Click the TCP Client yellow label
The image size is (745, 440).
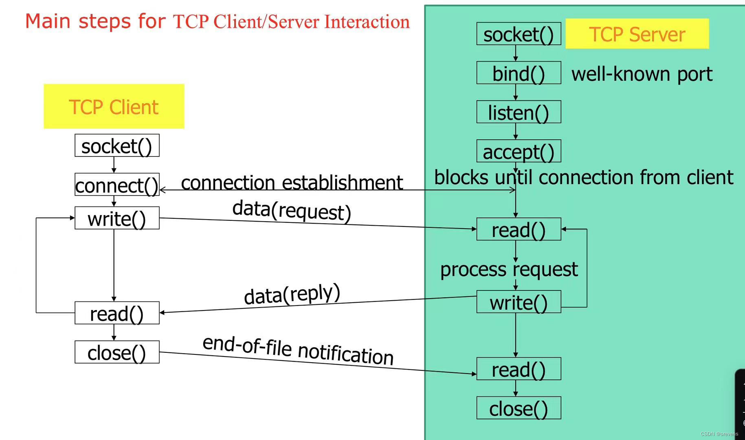(114, 107)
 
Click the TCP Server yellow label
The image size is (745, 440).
(637, 34)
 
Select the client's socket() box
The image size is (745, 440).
(117, 145)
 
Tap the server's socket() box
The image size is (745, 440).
(519, 34)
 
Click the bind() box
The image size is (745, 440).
(519, 73)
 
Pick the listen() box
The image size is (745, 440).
(519, 112)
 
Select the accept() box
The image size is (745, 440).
(519, 151)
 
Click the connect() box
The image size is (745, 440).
(117, 185)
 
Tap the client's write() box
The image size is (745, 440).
(117, 218)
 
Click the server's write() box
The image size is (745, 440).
(519, 302)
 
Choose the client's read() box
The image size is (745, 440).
(117, 313)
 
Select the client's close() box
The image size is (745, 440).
(117, 352)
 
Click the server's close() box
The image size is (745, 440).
(519, 408)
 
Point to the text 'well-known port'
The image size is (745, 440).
(642, 74)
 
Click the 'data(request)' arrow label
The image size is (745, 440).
(291, 210)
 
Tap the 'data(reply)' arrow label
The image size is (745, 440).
(292, 294)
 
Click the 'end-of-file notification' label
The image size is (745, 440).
(298, 350)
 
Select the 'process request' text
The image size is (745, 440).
(509, 269)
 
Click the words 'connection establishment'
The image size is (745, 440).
(292, 182)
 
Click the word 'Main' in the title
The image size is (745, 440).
(48, 21)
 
